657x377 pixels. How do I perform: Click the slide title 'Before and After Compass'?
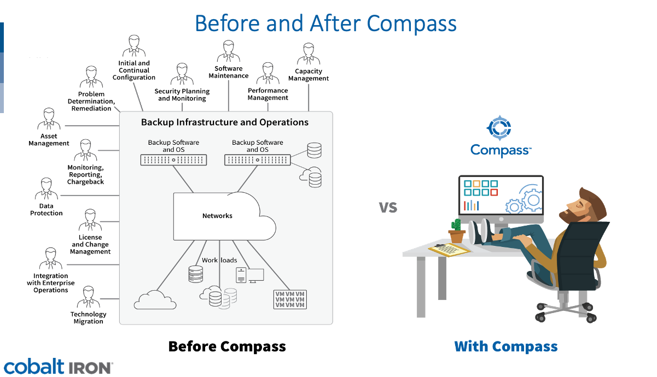pyautogui.click(x=325, y=23)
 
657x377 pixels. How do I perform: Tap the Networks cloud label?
pyautogui.click(x=217, y=216)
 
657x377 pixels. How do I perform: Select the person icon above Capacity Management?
pyautogui.click(x=309, y=55)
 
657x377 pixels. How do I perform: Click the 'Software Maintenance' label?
pyautogui.click(x=229, y=72)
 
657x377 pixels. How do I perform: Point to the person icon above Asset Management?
pyautogui.click(x=49, y=120)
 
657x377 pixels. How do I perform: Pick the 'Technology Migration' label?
pyautogui.click(x=88, y=317)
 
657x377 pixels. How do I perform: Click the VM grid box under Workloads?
pyautogui.click(x=290, y=299)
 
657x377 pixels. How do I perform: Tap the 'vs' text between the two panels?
pyautogui.click(x=388, y=207)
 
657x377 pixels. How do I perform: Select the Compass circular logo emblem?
pyautogui.click(x=499, y=128)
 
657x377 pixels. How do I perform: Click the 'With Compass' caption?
pyautogui.click(x=505, y=346)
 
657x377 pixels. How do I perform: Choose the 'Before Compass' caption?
pyautogui.click(x=227, y=346)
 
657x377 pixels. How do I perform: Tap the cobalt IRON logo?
pyautogui.click(x=57, y=367)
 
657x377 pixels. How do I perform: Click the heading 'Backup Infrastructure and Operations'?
pyautogui.click(x=225, y=122)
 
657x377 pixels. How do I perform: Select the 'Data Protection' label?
pyautogui.click(x=46, y=210)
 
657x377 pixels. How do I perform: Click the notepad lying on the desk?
pyautogui.click(x=449, y=250)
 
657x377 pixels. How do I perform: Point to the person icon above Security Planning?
pyautogui.click(x=182, y=75)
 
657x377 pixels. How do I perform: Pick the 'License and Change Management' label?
pyautogui.click(x=91, y=245)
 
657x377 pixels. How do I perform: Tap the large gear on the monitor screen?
pyautogui.click(x=531, y=199)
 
